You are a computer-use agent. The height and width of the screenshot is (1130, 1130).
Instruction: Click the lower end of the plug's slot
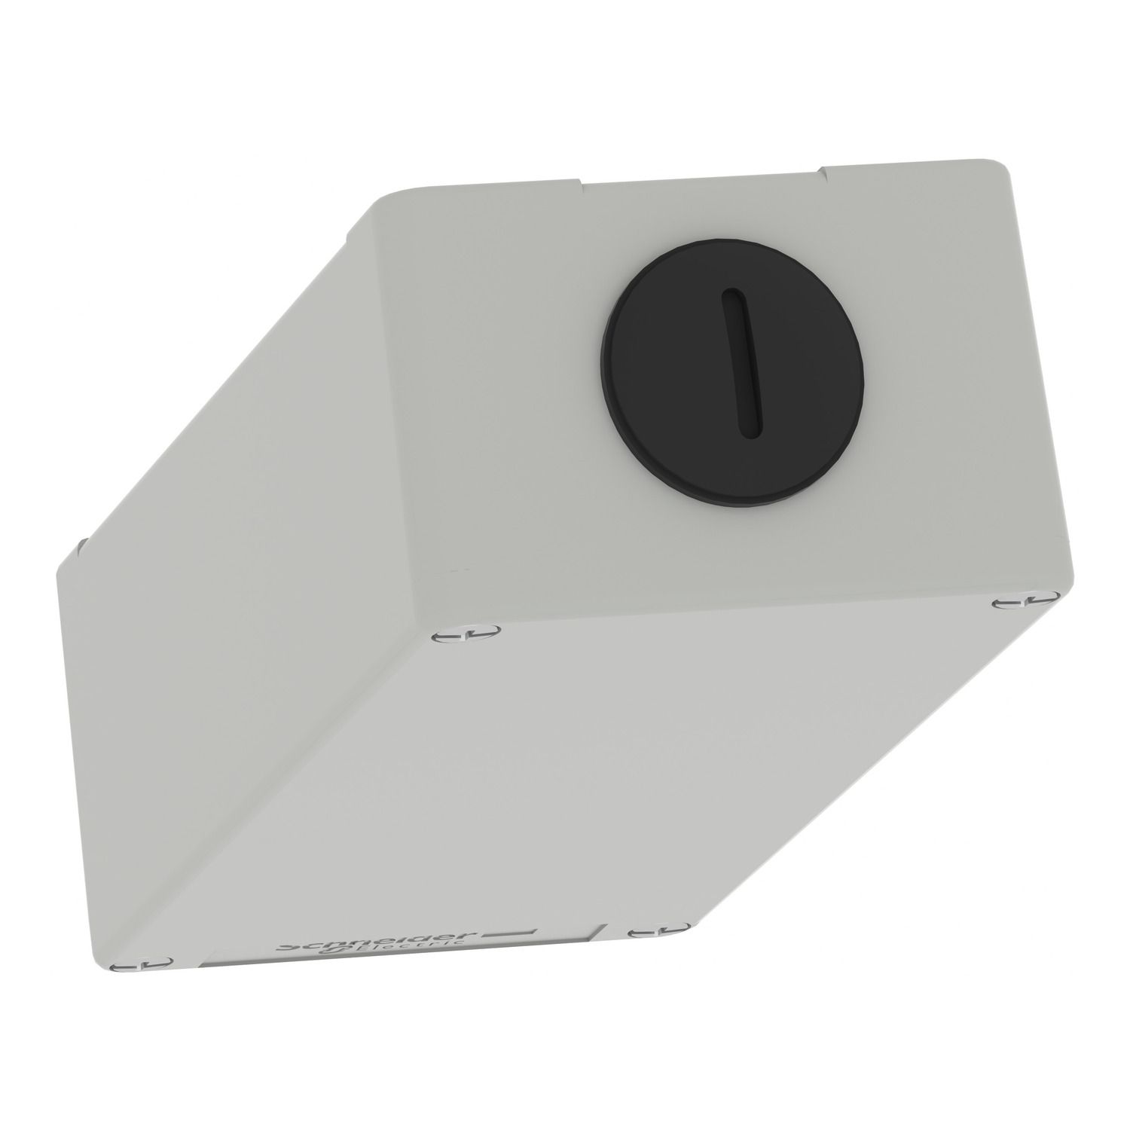pos(745,432)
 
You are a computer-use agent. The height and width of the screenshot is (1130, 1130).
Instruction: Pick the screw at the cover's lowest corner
pos(142,1067)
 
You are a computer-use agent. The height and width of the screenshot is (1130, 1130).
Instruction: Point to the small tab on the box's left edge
pos(80,544)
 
